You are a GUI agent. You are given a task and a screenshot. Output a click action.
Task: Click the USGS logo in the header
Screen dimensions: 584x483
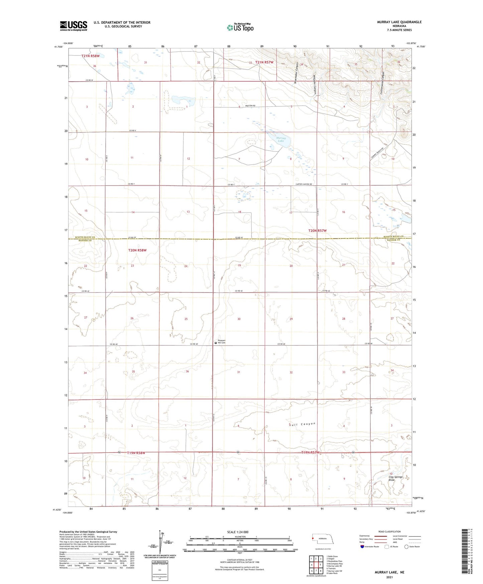point(74,26)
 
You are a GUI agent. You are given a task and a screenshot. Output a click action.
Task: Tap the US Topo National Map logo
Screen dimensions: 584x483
point(240,27)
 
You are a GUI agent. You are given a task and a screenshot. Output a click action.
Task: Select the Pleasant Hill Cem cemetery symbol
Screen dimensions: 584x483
point(216,343)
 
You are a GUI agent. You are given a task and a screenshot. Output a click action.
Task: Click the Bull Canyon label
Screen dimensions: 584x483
point(302,424)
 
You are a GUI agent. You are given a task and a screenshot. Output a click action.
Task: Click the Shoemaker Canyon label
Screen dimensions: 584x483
point(296,76)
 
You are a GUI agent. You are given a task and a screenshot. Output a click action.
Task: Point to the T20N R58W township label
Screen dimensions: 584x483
point(137,250)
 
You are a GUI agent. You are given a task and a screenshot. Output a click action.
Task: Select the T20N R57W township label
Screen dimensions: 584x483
point(317,231)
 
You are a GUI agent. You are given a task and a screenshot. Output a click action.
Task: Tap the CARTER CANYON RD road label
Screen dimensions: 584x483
point(304,184)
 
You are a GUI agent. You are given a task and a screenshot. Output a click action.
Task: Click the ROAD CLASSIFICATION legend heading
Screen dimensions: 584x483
point(389,531)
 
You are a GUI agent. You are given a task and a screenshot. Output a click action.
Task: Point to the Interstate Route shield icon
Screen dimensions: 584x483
point(362,547)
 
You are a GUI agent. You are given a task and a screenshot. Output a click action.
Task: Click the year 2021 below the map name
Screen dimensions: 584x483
point(389,577)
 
